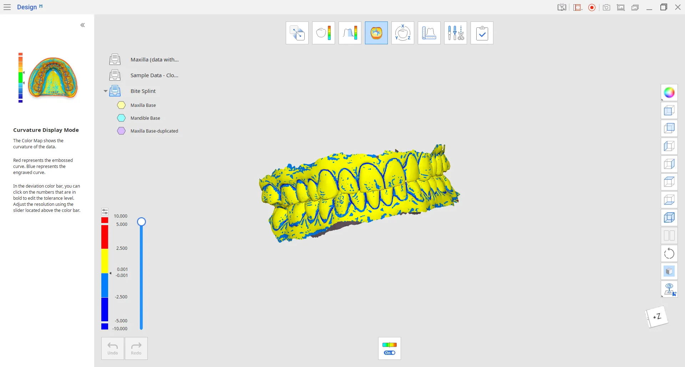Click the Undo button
click(113, 348)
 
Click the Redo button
click(136, 348)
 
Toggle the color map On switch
click(390, 353)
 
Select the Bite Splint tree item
click(143, 91)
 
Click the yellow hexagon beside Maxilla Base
click(121, 105)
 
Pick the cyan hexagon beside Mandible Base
click(121, 118)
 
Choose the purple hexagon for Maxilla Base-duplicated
click(121, 131)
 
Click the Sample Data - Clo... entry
click(154, 75)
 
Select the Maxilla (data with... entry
click(154, 60)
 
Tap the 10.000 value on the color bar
click(121, 216)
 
